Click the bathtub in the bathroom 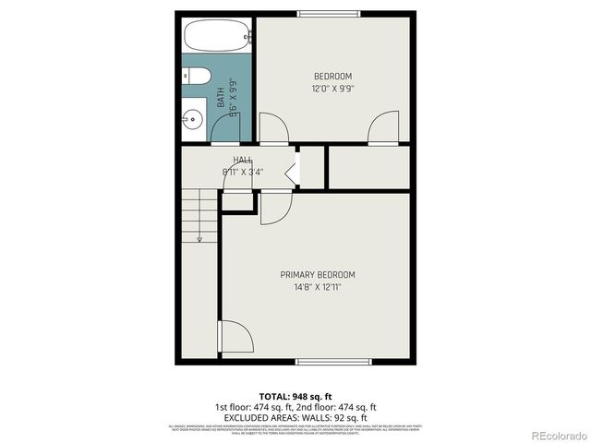[216, 37]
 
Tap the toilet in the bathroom [199, 77]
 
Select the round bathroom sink [193, 118]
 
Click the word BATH [221, 94]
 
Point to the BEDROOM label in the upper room [332, 76]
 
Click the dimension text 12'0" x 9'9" [332, 89]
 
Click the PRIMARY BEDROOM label [318, 275]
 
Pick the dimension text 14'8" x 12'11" [318, 287]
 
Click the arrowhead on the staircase [199, 239]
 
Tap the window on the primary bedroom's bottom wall [333, 360]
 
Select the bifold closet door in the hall [292, 171]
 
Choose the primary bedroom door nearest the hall [274, 208]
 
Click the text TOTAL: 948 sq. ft [295, 395]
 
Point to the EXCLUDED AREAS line [295, 416]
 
